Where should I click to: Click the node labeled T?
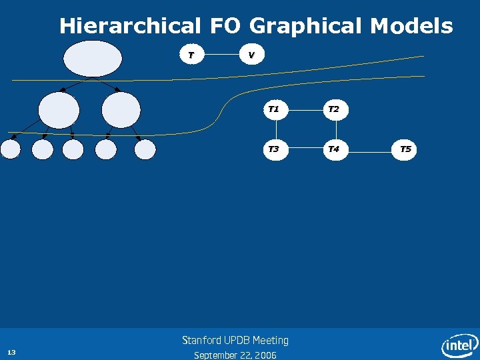191,55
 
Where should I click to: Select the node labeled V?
251,55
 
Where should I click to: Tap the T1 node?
273,109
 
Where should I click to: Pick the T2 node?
334,109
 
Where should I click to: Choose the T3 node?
273,149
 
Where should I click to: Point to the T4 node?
334,149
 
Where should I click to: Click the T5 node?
405,149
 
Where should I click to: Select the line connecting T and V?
221,55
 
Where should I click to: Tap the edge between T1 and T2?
304,109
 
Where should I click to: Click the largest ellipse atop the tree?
93,59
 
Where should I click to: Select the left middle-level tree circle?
59,109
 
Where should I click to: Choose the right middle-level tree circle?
121,109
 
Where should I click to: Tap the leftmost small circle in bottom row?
11,149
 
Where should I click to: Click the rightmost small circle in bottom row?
145,149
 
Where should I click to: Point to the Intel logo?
459,345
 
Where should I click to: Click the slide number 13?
11,351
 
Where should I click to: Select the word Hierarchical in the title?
130,27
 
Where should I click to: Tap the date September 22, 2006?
235,355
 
